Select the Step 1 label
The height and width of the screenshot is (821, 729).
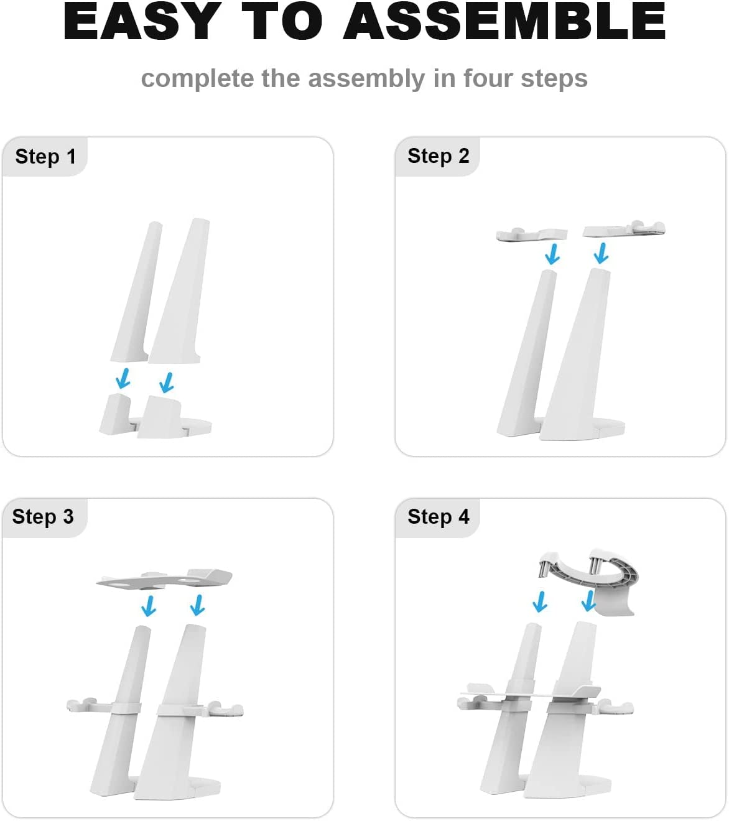click(45, 157)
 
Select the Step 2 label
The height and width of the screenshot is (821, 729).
click(439, 156)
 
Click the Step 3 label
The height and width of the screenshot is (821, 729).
click(43, 517)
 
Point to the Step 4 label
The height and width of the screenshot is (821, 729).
click(439, 517)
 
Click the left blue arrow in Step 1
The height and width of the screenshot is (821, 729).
click(123, 379)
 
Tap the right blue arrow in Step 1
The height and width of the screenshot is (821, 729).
click(167, 383)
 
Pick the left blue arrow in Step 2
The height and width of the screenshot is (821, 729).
click(552, 254)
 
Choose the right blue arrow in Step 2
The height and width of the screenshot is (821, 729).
click(601, 253)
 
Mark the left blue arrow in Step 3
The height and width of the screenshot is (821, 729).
click(149, 606)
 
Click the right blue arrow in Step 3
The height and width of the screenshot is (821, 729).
click(197, 605)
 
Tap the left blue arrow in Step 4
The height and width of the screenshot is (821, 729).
click(540, 602)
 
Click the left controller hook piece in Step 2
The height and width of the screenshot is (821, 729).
click(532, 234)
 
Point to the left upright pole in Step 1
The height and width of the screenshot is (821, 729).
click(137, 292)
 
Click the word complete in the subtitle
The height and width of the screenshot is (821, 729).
click(197, 78)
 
